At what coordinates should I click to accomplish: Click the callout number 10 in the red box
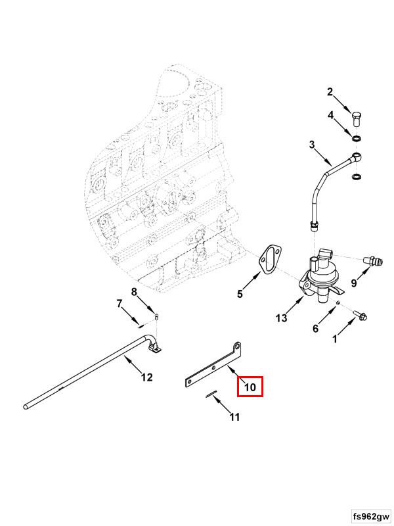click(x=250, y=387)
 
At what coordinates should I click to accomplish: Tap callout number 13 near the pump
click(x=282, y=318)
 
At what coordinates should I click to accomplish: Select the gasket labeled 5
click(x=271, y=260)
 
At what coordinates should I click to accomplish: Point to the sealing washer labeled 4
click(x=357, y=138)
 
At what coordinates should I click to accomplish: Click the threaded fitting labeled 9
click(x=373, y=261)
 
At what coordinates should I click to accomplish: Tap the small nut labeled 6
click(x=338, y=303)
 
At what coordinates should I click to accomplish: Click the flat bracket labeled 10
click(x=215, y=368)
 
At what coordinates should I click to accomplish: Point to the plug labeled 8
click(x=156, y=317)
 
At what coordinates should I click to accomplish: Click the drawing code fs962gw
click(x=371, y=516)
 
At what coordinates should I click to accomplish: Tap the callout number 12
click(x=146, y=377)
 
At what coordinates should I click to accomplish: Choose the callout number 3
click(x=312, y=145)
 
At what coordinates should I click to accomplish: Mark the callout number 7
click(x=120, y=304)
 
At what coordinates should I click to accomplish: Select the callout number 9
click(x=354, y=283)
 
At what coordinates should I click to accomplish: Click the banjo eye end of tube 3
click(x=357, y=156)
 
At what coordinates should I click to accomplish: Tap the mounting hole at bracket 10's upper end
click(x=238, y=345)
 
